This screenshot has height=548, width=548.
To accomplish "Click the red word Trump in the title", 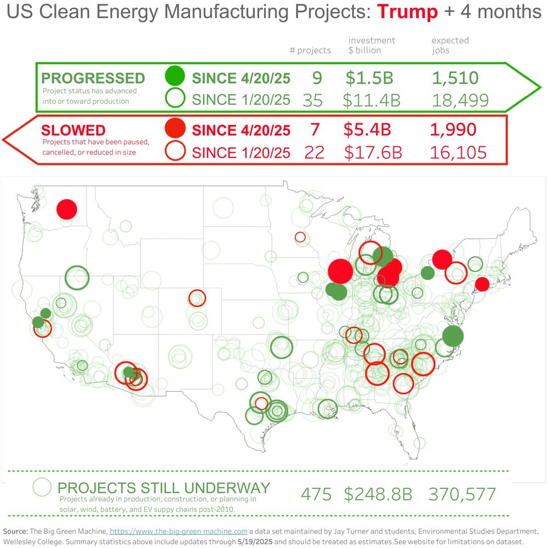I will pyautogui.click(x=408, y=12).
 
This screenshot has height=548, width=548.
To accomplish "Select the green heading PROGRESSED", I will pyautogui.click(x=93, y=78).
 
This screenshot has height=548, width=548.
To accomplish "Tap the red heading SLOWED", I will pyautogui.click(x=73, y=130).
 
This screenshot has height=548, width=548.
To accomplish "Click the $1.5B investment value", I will pyautogui.click(x=369, y=78).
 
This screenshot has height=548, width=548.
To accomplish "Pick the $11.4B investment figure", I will pyautogui.click(x=372, y=100).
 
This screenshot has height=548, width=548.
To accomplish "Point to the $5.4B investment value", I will pyautogui.click(x=367, y=130).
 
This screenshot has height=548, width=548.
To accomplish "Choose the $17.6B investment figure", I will pyautogui.click(x=373, y=152).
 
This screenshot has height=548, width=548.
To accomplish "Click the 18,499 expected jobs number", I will pyautogui.click(x=460, y=100).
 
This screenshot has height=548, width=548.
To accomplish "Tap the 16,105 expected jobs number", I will pyautogui.click(x=459, y=152).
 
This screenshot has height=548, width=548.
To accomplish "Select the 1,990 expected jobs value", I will pyautogui.click(x=453, y=130).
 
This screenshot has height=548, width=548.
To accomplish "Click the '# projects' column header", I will pyautogui.click(x=310, y=50).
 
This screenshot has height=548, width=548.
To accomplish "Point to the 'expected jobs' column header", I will pyautogui.click(x=450, y=45).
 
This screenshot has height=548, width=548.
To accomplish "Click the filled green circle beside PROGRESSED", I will pyautogui.click(x=175, y=76).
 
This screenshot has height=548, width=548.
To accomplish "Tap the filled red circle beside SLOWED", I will pyautogui.click(x=175, y=128).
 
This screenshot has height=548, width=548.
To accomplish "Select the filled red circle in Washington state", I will pyautogui.click(x=67, y=209).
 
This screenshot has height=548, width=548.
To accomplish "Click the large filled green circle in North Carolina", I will pyautogui.click(x=453, y=335).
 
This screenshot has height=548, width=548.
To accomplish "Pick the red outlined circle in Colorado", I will pyautogui.click(x=197, y=298).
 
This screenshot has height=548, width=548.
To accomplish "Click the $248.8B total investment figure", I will pyautogui.click(x=378, y=494).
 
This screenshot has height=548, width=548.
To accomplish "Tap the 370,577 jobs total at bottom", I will pyautogui.click(x=462, y=494).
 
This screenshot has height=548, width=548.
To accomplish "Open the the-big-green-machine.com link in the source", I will pyautogui.click(x=179, y=531).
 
